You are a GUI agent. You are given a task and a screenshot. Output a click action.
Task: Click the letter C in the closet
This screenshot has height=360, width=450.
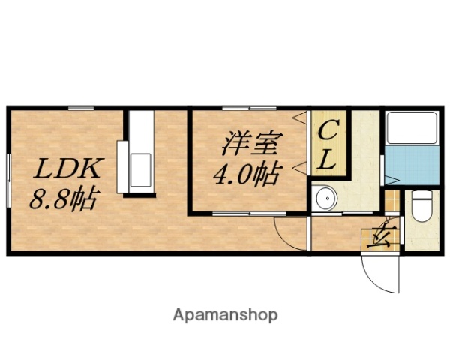[328, 133]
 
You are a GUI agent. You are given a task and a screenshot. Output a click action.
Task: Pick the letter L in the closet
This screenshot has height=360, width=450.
[328, 158]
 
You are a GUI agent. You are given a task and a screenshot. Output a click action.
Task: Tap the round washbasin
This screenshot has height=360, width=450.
[326, 199]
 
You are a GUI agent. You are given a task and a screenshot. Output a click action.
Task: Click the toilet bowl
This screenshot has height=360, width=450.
[423, 206]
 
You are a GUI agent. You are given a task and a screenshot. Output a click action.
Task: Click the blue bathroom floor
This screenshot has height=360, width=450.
[412, 166]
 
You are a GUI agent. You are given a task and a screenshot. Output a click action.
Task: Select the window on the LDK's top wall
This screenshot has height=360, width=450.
[80, 108]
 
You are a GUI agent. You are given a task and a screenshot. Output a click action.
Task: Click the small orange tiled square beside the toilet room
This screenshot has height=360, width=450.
[392, 202]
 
